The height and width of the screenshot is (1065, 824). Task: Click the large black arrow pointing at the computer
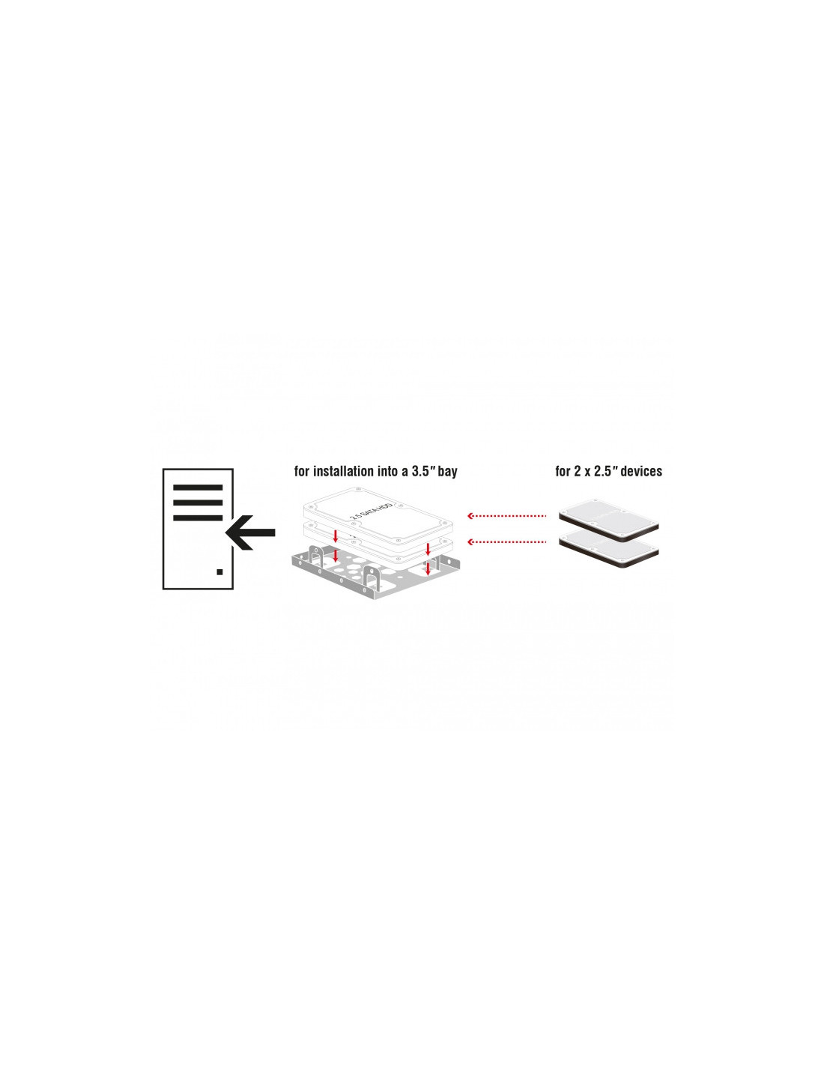pyautogui.click(x=251, y=532)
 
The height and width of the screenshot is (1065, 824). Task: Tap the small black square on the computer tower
pyautogui.click(x=219, y=571)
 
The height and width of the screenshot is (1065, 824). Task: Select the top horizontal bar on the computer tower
pyautogui.click(x=198, y=488)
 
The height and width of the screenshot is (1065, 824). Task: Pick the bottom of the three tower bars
pyautogui.click(x=198, y=518)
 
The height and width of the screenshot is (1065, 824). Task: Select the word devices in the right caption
pyautogui.click(x=640, y=471)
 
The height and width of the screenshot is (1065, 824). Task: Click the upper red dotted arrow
pyautogui.click(x=506, y=515)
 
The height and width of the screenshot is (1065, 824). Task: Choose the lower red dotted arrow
pyautogui.click(x=506, y=541)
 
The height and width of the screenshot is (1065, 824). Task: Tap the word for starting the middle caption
pyautogui.click(x=301, y=471)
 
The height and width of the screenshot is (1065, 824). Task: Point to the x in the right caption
pyautogui.click(x=586, y=472)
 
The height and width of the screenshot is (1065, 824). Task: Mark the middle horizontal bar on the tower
pyautogui.click(x=198, y=503)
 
